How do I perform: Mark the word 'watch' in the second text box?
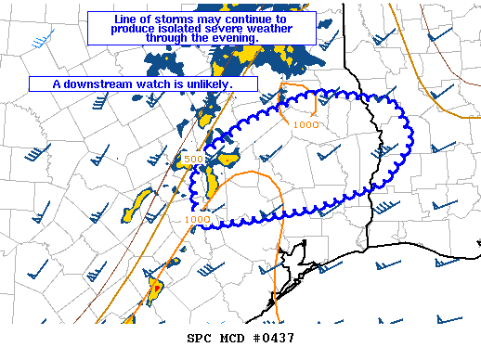pos(160,84)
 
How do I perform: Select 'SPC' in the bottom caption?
pos(200,339)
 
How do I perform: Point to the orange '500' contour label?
pos(193,160)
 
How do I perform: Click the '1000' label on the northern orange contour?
pos(305,124)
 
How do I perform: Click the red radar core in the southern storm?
pos(156,289)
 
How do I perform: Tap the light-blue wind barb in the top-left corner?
pos(39,41)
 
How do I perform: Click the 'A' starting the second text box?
pos(56,84)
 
